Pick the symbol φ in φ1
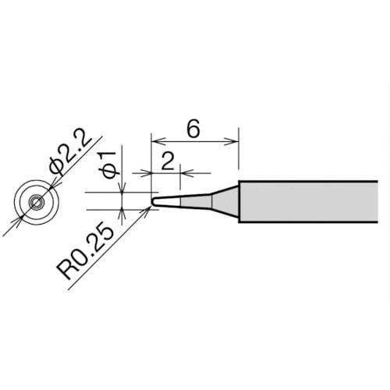(x=110, y=172)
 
